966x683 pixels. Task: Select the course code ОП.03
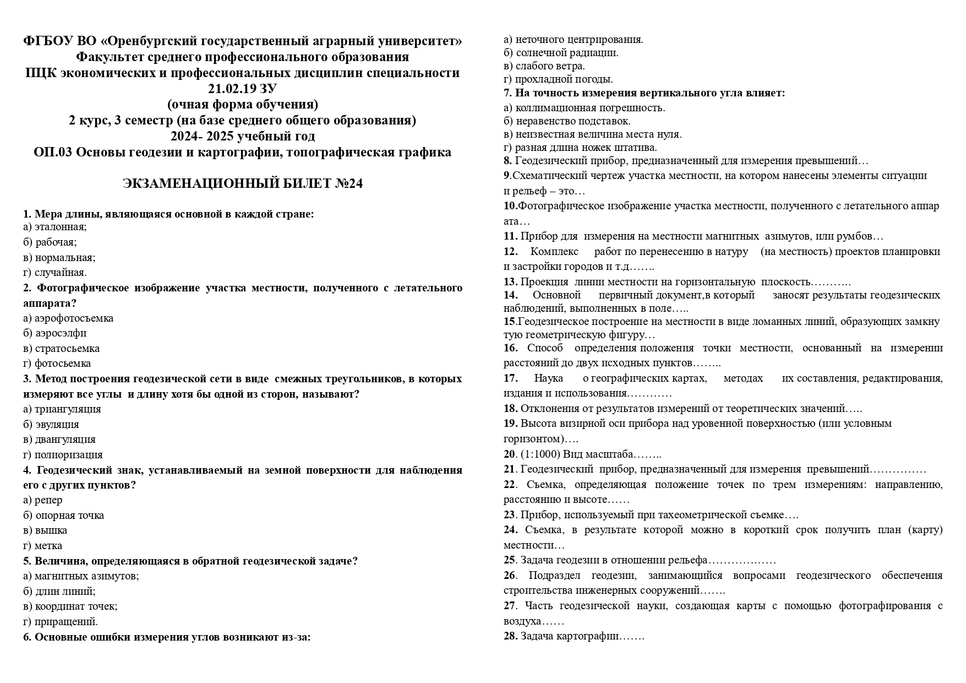(53, 152)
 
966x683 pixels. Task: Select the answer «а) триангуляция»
(62, 409)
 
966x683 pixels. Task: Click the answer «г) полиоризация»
(63, 455)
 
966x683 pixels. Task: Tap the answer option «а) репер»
(43, 500)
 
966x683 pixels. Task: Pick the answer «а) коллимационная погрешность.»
(584, 108)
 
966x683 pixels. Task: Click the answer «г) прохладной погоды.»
(558, 79)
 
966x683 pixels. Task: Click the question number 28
(510, 636)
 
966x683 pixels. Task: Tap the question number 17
(510, 378)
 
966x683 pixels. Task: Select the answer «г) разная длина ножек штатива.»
(580, 148)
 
